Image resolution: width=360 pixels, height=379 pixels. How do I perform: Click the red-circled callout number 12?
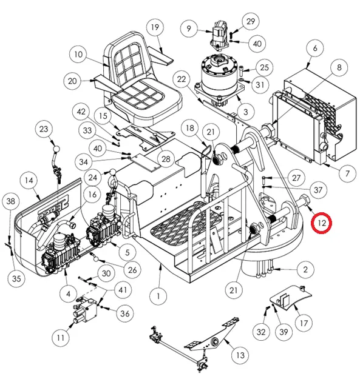click(x=322, y=223)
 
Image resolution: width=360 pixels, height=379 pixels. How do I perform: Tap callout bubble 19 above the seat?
click(x=155, y=27)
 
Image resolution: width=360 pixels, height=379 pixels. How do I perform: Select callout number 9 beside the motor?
click(x=189, y=29)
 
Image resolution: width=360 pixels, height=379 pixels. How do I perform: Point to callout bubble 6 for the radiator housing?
click(x=314, y=48)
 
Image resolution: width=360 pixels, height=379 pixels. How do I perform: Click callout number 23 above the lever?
click(x=44, y=129)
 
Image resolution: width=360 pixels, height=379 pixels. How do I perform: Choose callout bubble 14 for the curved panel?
click(x=29, y=180)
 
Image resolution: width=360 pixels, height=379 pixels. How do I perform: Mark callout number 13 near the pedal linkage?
click(x=240, y=355)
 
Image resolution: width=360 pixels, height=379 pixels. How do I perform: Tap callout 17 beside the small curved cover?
click(x=304, y=323)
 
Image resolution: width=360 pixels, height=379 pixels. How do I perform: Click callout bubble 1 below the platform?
click(x=158, y=296)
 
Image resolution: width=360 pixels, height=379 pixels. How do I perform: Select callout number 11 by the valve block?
click(x=61, y=337)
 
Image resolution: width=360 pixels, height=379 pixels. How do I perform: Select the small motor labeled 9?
click(x=219, y=36)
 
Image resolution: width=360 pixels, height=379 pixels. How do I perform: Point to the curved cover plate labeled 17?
click(x=290, y=298)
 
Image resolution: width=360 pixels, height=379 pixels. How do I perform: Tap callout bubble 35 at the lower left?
click(x=16, y=278)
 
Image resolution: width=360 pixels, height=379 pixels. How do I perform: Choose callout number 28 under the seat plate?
click(x=166, y=159)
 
